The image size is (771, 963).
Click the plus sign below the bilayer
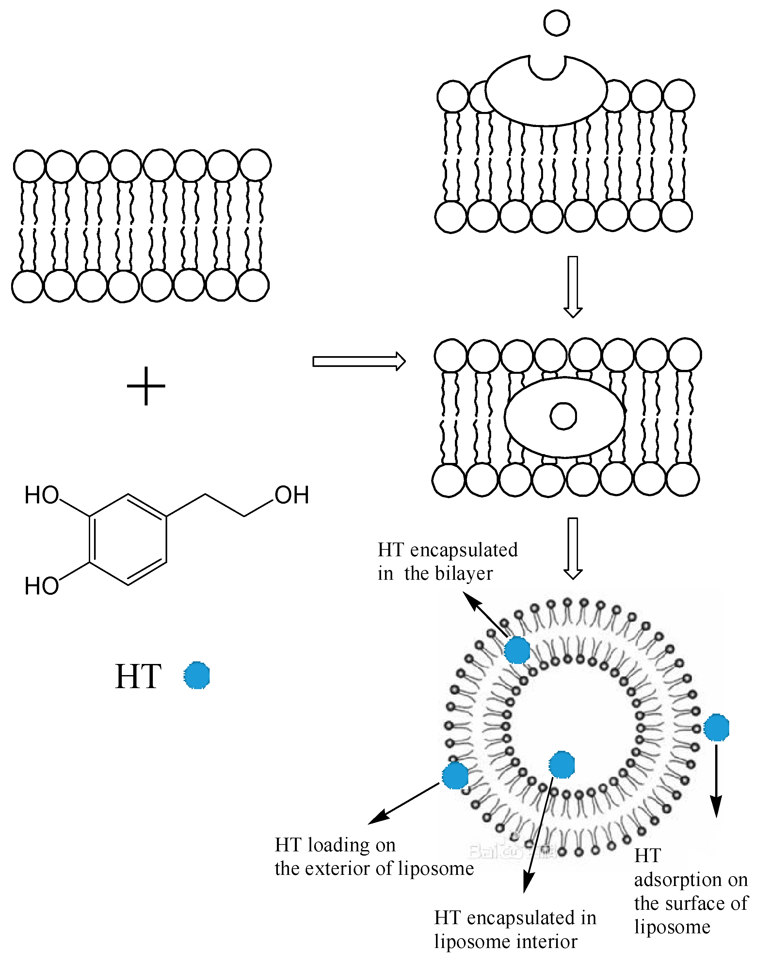(146, 386)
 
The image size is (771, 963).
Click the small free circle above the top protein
(556, 23)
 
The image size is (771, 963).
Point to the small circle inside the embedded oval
(563, 416)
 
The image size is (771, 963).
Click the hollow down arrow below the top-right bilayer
(573, 286)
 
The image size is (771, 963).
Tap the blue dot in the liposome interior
(561, 765)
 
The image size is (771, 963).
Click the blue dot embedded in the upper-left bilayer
(517, 650)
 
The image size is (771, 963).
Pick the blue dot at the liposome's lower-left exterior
(455, 775)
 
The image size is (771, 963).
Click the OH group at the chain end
(292, 495)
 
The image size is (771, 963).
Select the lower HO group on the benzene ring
(41, 586)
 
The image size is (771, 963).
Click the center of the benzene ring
(128, 539)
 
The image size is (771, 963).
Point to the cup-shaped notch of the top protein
(547, 67)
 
